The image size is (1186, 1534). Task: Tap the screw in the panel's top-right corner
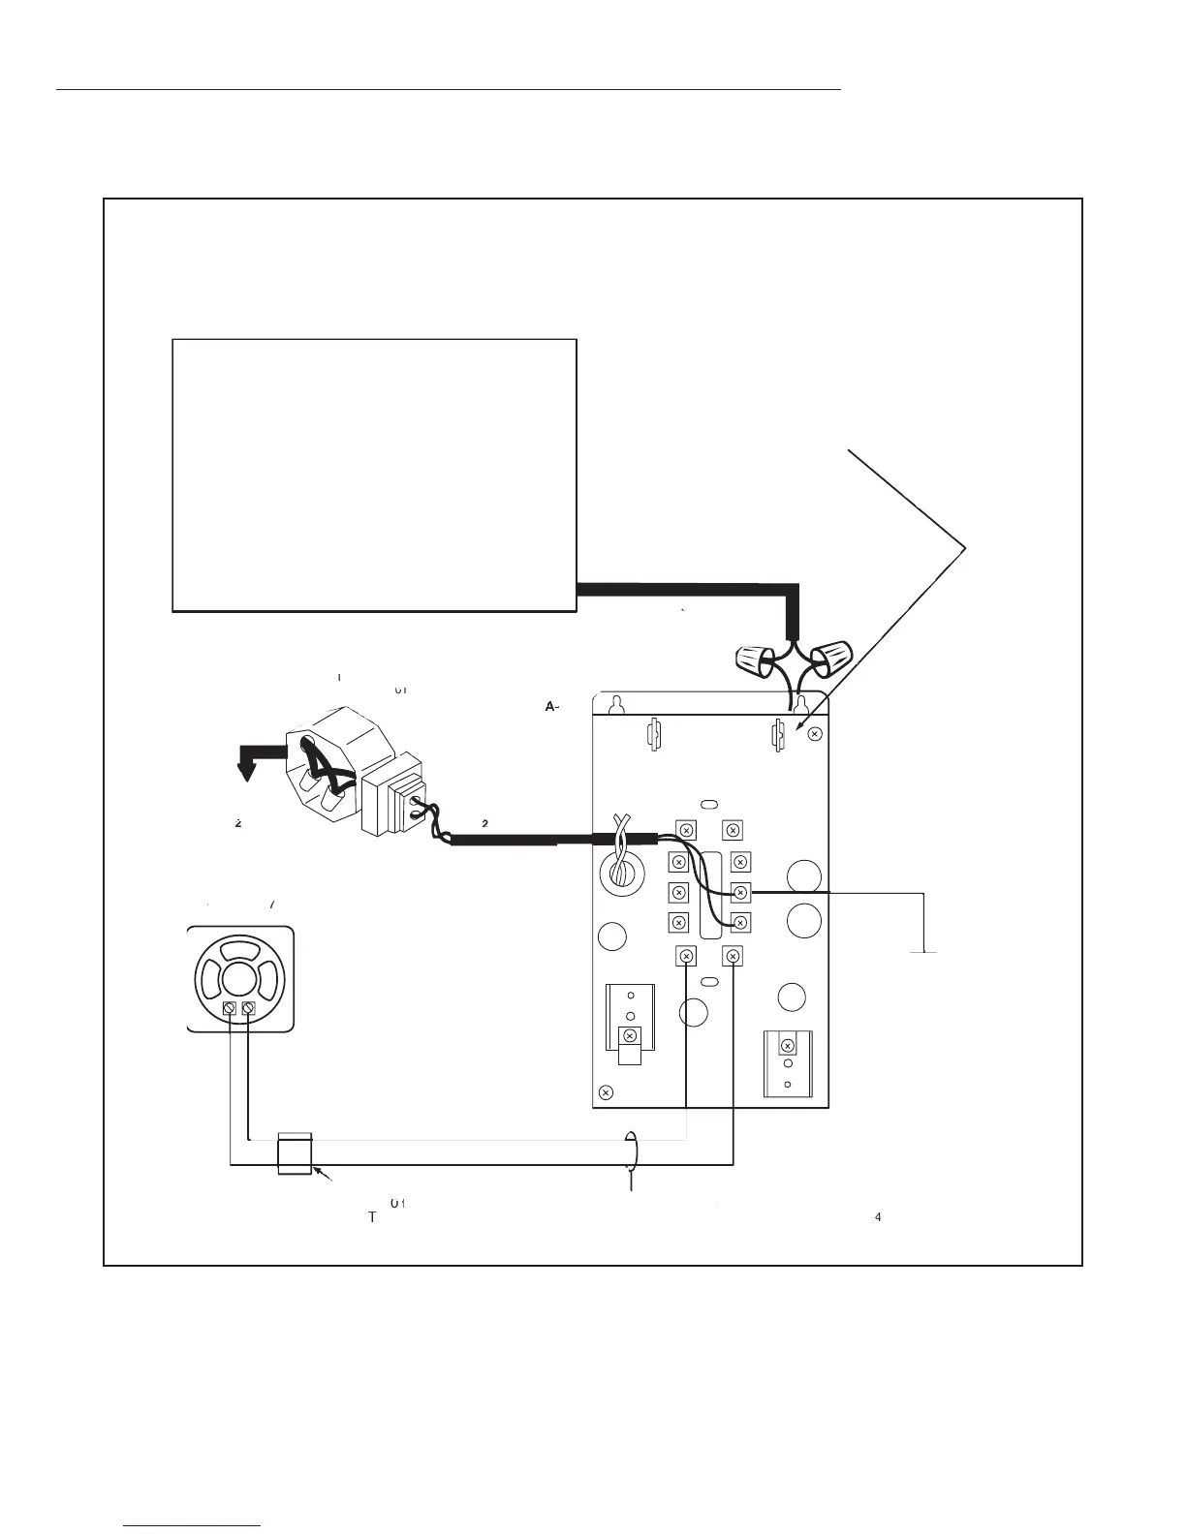coord(814,734)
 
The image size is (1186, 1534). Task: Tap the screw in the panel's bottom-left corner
coord(606,1092)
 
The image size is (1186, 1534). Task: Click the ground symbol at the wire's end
coord(924,952)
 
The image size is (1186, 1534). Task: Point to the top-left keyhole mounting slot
coord(614,703)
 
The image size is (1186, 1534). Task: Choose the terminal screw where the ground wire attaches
coord(741,892)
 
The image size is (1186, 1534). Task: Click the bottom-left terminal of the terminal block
coord(686,956)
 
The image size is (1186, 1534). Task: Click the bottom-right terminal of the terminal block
coord(733,956)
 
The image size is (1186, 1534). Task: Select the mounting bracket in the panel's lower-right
coord(788,1062)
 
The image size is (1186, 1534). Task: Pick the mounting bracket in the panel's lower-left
coord(630,1025)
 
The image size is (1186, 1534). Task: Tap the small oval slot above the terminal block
coord(709,804)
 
